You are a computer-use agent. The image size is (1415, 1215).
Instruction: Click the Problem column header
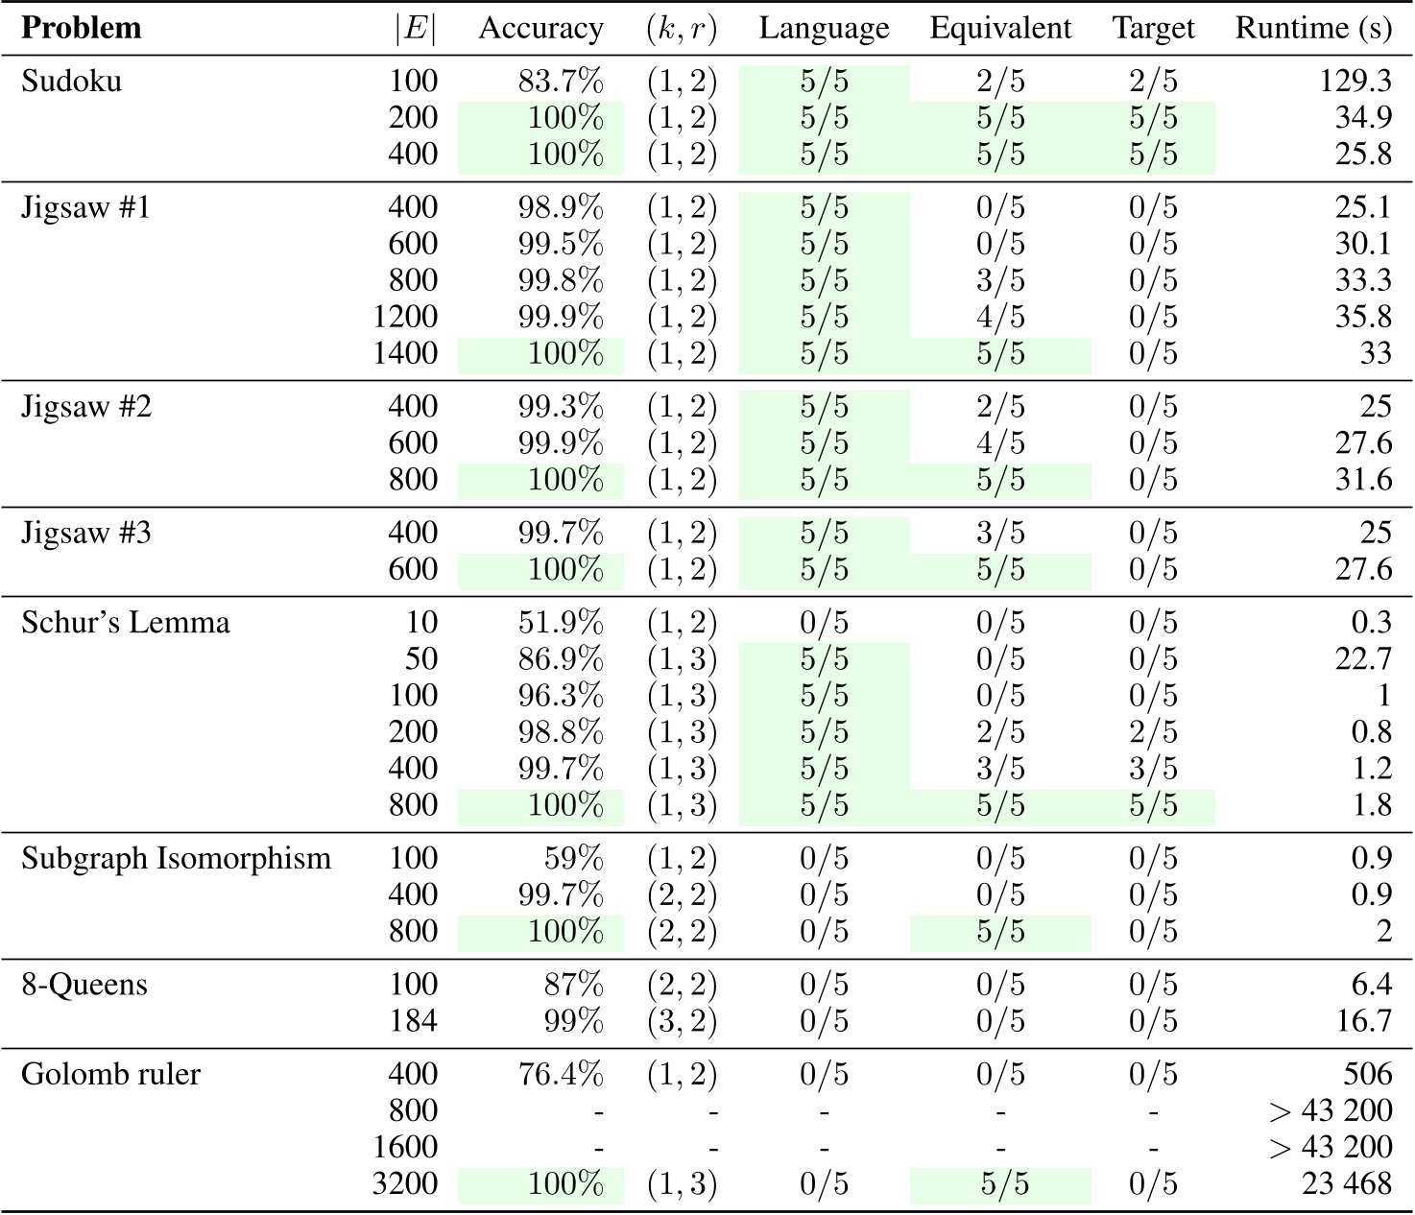pos(82,29)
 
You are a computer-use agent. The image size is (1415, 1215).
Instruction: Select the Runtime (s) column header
pos(1312,29)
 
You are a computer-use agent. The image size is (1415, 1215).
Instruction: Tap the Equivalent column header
pos(1000,29)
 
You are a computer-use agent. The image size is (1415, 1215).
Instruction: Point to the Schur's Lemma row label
pos(126,623)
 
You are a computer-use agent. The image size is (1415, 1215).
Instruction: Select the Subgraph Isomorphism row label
pos(176,858)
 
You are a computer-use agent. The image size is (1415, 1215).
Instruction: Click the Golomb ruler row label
pos(111,1074)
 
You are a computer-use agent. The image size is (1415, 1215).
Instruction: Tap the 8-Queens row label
pos(84,985)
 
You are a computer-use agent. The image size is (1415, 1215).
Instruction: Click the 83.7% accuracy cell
pos(561,82)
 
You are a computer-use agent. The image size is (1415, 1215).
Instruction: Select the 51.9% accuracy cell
pos(561,623)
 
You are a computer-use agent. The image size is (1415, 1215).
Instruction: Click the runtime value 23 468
pos(1347,1184)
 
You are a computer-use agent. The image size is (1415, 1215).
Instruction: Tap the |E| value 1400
pos(405,353)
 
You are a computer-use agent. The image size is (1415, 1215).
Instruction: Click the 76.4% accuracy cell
pos(561,1074)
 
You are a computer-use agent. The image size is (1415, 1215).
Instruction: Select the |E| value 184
pos(414,1020)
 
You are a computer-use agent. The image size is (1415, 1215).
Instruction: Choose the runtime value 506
pos(1367,1074)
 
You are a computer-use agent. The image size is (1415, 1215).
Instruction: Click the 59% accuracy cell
pos(574,858)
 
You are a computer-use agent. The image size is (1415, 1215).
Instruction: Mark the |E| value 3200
pos(405,1184)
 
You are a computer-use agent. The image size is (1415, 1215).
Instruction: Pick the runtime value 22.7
pos(1363,659)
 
